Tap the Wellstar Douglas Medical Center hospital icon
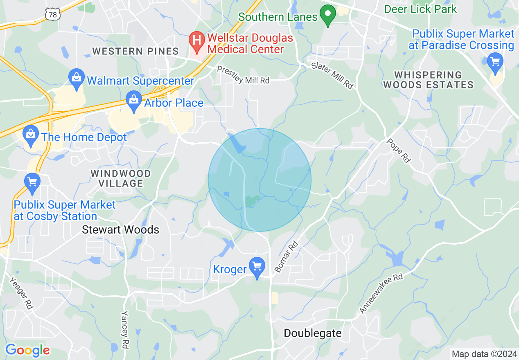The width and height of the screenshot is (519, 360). pos(197,40)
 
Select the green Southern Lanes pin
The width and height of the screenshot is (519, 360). pos(327,15)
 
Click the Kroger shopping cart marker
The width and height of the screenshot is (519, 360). pos(257,267)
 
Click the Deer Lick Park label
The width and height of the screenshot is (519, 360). pos(420,9)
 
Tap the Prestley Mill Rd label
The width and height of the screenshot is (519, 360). pos(243,75)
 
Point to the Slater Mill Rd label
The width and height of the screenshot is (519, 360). pos(332,75)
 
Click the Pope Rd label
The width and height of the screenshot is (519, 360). pos(398,151)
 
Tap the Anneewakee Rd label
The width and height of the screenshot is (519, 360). pos(381,294)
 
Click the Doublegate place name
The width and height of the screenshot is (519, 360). pos(313,333)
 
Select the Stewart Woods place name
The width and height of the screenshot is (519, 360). pos(120,229)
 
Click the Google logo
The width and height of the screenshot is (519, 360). pos(27,350)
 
